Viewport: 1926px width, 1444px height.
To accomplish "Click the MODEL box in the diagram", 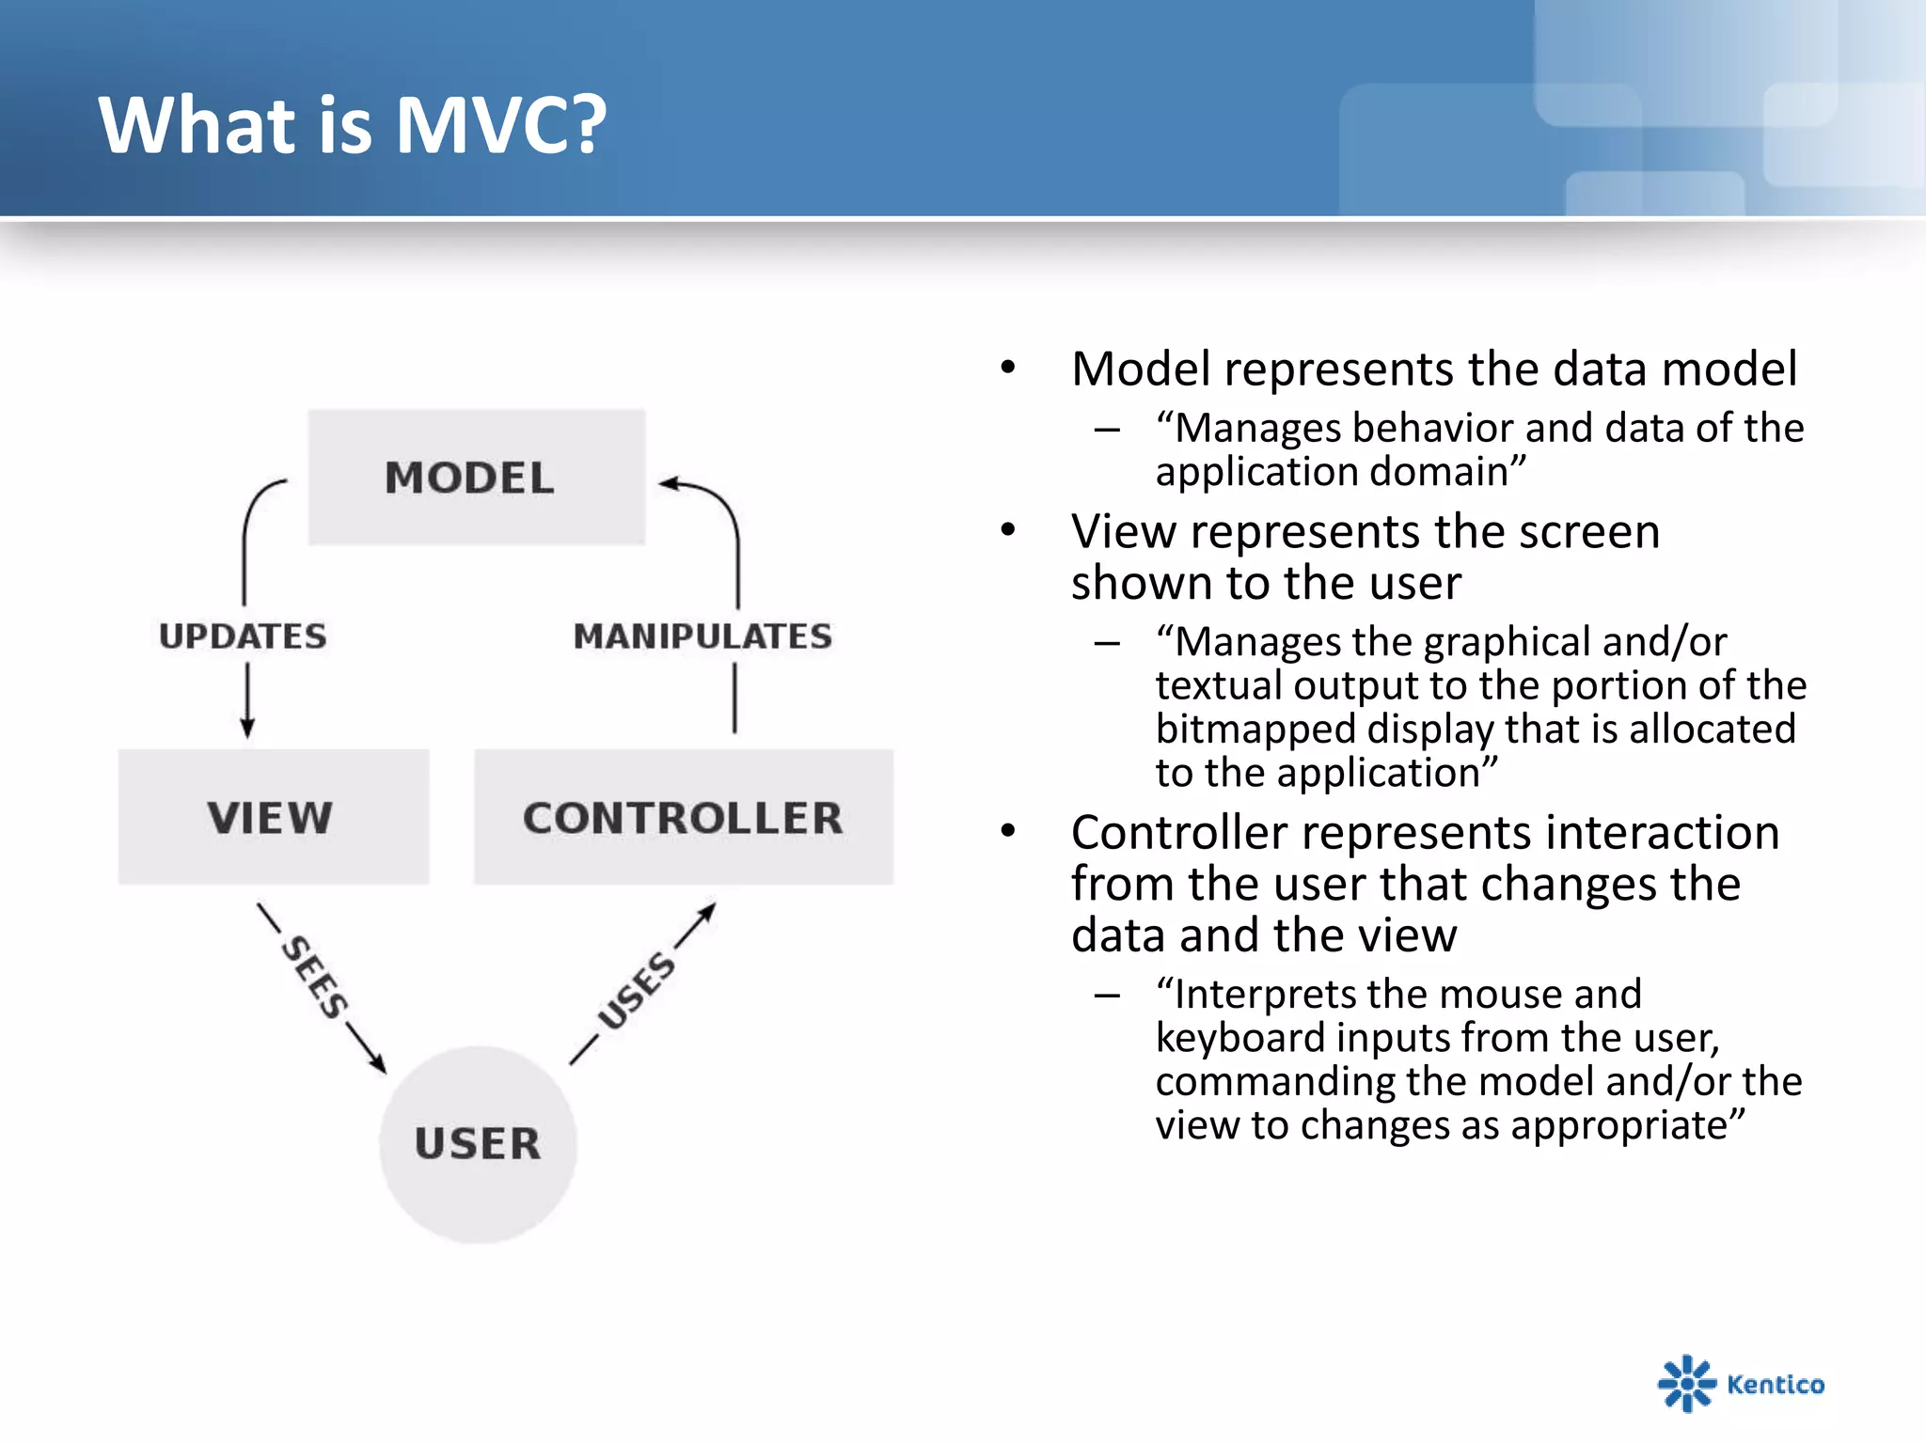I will coord(476,477).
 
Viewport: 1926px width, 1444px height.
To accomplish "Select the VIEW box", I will coord(273,816).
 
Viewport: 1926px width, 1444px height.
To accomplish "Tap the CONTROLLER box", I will coord(683,816).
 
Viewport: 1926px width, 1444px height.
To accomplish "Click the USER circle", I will coord(478,1144).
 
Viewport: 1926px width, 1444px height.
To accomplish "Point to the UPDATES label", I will coord(243,636).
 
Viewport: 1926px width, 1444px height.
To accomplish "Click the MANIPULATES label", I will coord(703,636).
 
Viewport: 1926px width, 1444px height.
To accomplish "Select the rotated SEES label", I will coord(315,978).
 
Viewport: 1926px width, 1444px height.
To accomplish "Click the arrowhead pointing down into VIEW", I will coord(247,728).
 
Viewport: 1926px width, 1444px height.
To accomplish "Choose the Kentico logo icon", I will coord(1685,1383).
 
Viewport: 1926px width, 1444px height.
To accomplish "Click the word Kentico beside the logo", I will coord(1776,1384).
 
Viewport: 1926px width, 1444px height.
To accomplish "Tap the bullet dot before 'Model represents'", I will coord(1008,367).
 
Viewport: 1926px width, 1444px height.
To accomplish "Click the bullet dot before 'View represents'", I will coord(1008,530).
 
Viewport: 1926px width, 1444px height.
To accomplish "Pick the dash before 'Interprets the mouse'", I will coord(1107,995).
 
